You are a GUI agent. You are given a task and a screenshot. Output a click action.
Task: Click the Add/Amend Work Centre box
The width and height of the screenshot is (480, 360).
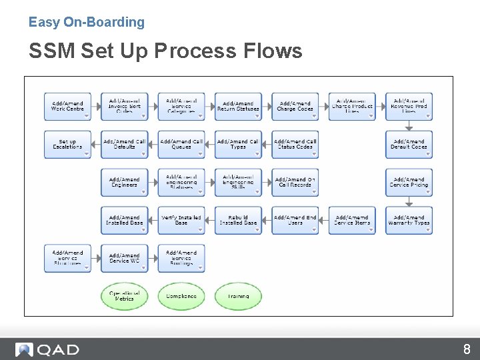pyautogui.click(x=67, y=106)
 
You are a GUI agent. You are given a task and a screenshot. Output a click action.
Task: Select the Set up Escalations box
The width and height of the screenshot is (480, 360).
pyautogui.click(x=67, y=144)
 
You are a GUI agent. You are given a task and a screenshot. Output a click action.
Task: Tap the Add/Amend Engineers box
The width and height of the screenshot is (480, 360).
pyautogui.click(x=124, y=182)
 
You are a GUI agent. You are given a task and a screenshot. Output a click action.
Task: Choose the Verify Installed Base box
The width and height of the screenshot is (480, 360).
pyautogui.click(x=181, y=220)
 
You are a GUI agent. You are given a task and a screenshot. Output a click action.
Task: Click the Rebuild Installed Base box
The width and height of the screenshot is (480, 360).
pyautogui.click(x=238, y=220)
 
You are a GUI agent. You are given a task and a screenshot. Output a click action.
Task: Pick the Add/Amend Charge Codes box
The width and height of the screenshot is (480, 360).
pyautogui.click(x=295, y=106)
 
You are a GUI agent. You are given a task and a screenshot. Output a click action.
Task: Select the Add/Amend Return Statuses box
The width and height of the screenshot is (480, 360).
pyautogui.click(x=238, y=106)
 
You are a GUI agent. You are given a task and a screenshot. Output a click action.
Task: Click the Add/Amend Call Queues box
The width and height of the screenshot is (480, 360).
pyautogui.click(x=181, y=144)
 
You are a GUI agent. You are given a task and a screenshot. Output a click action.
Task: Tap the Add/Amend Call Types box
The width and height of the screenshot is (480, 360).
pyautogui.click(x=238, y=144)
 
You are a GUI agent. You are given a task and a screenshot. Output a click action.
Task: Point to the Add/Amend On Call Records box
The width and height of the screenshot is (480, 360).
pyautogui.click(x=295, y=182)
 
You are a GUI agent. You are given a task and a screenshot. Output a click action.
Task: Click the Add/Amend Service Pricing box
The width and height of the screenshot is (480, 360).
pyautogui.click(x=409, y=182)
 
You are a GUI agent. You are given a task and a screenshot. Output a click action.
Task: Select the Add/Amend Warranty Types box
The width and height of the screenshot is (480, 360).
pyautogui.click(x=409, y=220)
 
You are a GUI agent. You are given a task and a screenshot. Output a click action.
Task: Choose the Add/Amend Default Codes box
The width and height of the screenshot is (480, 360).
pyautogui.click(x=409, y=144)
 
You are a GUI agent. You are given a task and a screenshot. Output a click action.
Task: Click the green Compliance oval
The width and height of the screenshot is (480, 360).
pyautogui.click(x=181, y=296)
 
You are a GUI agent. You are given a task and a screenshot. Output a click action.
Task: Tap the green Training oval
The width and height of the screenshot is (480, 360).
pyautogui.click(x=238, y=296)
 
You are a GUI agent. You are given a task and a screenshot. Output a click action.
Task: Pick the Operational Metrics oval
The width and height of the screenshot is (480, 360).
pyautogui.click(x=124, y=296)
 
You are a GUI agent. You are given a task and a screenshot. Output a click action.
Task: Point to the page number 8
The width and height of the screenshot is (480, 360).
pyautogui.click(x=467, y=349)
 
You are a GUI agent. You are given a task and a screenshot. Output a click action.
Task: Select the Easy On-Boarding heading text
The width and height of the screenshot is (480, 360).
pyautogui.click(x=87, y=22)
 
